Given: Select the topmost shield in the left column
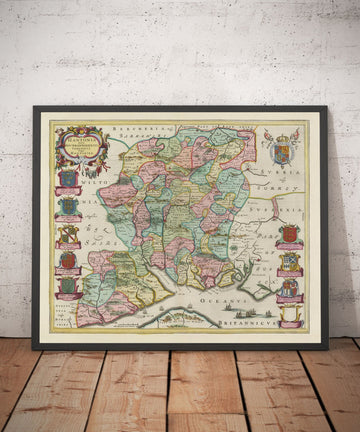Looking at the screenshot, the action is [x=68, y=180].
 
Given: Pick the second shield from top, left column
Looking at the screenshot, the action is [x=68, y=207].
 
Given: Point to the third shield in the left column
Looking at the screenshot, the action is [x=68, y=235].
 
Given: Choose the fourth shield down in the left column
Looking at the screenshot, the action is [x=68, y=260].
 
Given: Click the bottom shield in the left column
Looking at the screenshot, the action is [x=68, y=286].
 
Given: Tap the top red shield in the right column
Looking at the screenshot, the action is [x=290, y=234].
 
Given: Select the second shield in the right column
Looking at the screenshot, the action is [x=290, y=262].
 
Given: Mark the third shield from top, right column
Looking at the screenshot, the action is [x=290, y=288].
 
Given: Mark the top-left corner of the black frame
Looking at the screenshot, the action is [x=34, y=108].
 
